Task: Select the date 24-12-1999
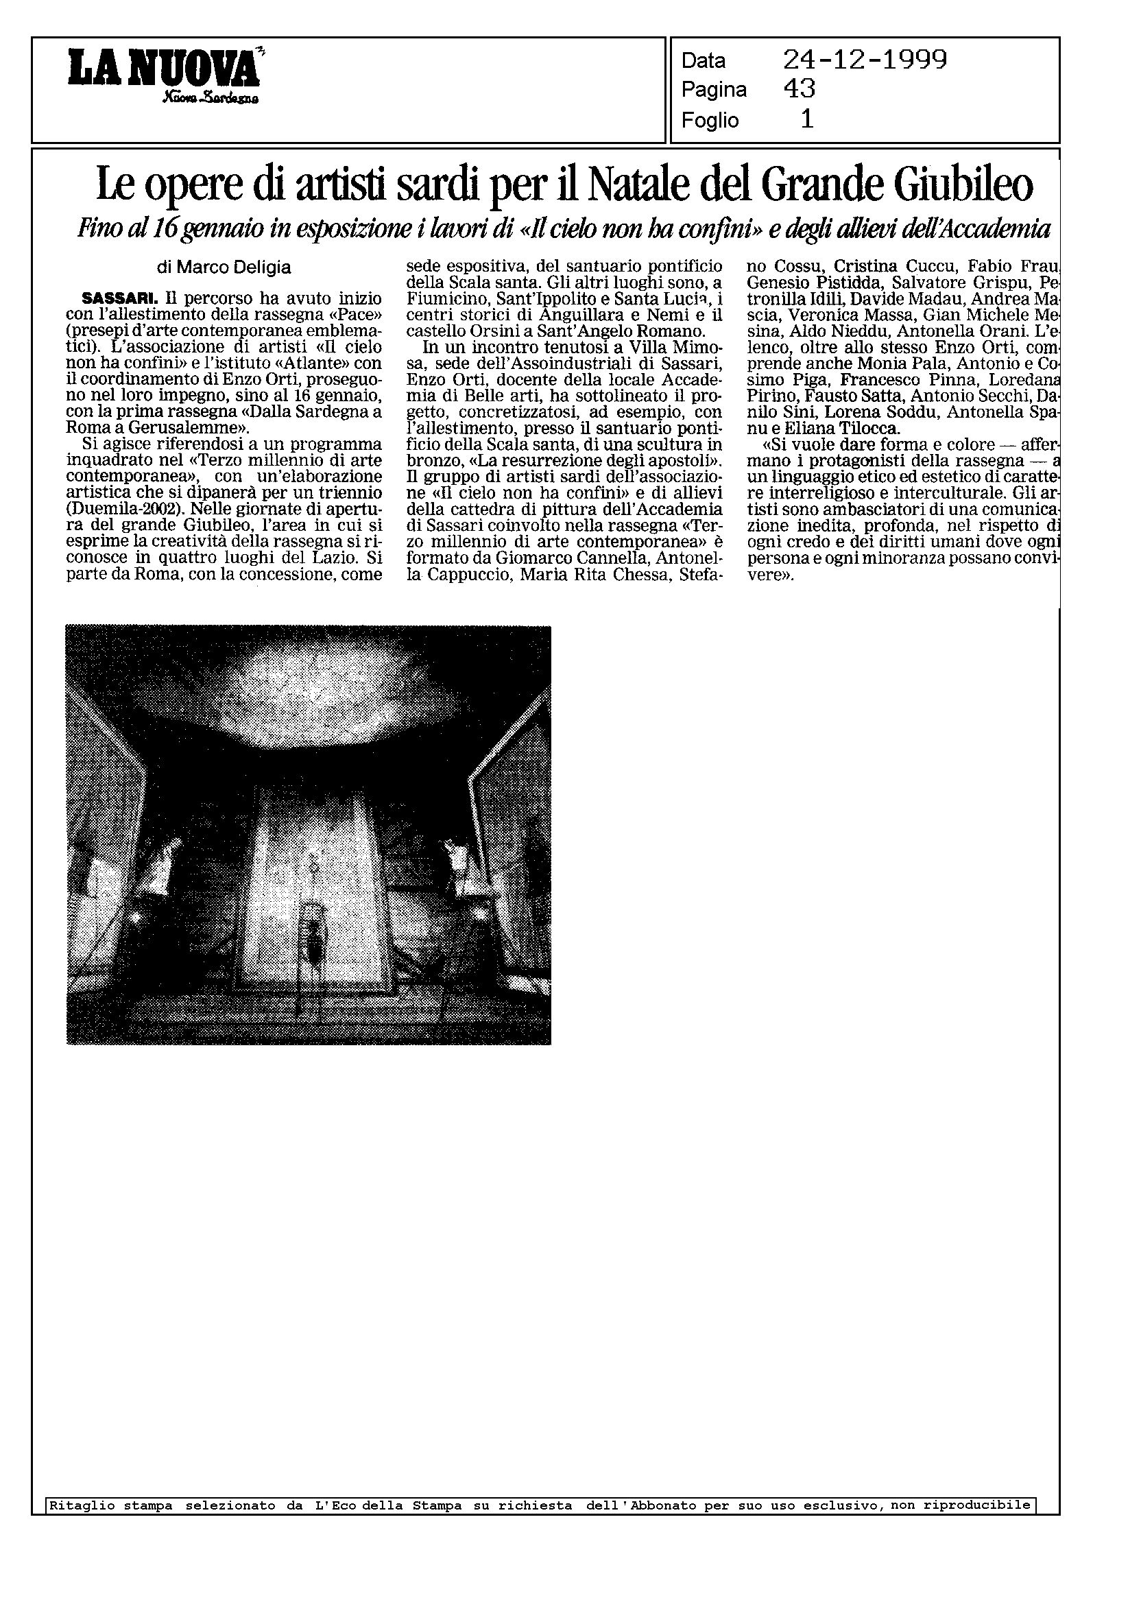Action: [865, 60]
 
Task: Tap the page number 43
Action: [799, 89]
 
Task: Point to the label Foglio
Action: [710, 121]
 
